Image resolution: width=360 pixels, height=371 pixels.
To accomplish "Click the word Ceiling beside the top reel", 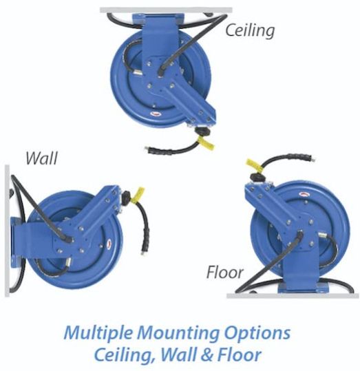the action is click(x=250, y=31).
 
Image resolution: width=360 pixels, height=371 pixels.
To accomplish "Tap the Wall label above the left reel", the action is click(x=42, y=158).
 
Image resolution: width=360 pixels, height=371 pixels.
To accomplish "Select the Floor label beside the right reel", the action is click(x=224, y=273).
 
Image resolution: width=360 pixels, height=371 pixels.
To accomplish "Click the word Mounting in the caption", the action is click(x=178, y=333).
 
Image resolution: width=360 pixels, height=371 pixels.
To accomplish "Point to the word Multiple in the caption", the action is click(x=98, y=333).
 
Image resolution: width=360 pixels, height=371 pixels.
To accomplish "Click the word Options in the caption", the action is click(x=257, y=333).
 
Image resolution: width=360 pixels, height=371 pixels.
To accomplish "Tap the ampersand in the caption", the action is click(x=207, y=355).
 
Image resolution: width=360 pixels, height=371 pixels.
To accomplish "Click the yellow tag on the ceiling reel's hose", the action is click(x=206, y=142).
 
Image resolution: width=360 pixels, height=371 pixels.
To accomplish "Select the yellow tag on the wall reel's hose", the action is click(x=138, y=194).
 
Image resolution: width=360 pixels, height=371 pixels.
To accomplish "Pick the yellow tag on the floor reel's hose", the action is click(x=255, y=166).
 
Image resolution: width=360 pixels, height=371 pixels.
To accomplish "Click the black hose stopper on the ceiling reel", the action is click(x=202, y=131).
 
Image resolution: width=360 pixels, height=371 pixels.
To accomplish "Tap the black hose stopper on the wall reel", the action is click(x=126, y=198).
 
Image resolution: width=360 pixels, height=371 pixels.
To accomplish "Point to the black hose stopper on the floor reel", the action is click(x=258, y=177).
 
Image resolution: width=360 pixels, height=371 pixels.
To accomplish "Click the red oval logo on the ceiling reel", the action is click(x=156, y=114).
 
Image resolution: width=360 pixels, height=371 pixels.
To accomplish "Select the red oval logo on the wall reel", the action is click(x=110, y=243).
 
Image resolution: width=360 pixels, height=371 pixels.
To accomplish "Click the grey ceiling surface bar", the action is click(x=166, y=10).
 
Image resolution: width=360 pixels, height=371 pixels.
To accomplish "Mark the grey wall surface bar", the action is click(x=8, y=231).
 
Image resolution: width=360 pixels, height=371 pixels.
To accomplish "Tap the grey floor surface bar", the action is click(x=293, y=296).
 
